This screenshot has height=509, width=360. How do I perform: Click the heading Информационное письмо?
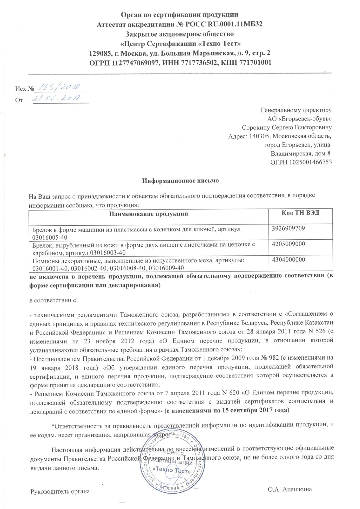pyautogui.click(x=180, y=181)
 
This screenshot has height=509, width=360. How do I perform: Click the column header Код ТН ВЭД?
pyautogui.click(x=300, y=213)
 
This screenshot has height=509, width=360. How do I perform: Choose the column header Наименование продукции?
pyautogui.click(x=148, y=214)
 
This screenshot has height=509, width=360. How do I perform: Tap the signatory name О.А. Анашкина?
pyautogui.click(x=290, y=490)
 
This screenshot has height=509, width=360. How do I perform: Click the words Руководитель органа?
pyautogui.click(x=60, y=492)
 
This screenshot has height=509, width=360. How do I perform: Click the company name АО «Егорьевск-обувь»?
pyautogui.click(x=299, y=119)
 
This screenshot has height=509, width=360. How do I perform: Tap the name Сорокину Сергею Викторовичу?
pyautogui.click(x=287, y=127)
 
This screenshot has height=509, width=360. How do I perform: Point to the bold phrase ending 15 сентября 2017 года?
pyautogui.click(x=227, y=410)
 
